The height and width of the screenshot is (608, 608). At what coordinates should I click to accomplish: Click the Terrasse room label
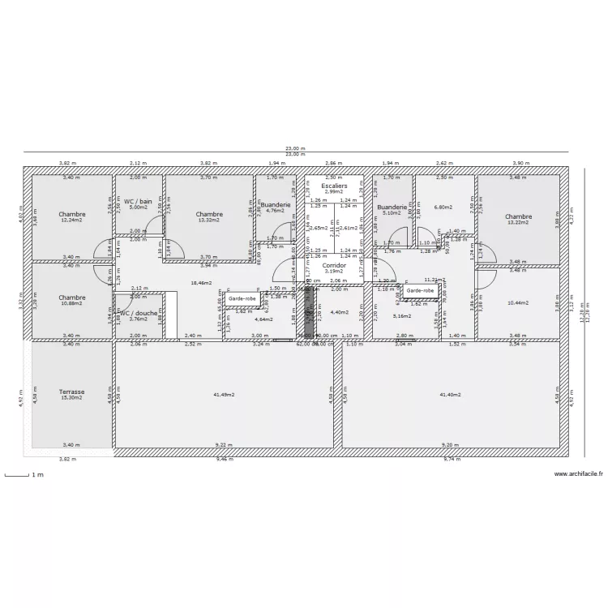[x=71, y=392]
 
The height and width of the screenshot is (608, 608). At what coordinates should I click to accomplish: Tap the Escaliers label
[x=334, y=186]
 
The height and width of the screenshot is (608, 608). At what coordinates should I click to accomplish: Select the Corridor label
[x=334, y=265]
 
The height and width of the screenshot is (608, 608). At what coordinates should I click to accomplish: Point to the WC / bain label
[x=138, y=200]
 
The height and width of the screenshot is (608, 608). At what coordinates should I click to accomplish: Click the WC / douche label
[x=139, y=312]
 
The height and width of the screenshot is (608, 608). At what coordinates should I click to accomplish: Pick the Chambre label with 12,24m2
[x=71, y=215]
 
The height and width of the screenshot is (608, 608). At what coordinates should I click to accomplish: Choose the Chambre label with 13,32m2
[x=209, y=215]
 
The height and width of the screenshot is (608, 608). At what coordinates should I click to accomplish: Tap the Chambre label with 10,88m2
[x=71, y=298]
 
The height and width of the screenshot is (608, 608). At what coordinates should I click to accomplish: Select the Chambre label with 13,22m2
[x=518, y=216]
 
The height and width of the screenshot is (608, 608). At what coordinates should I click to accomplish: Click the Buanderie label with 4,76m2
[x=276, y=205]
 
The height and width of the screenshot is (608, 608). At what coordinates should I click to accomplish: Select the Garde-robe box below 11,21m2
[x=420, y=289]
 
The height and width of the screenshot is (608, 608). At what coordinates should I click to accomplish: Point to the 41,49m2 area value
[x=225, y=395]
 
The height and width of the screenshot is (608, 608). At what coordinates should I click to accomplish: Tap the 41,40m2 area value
[x=451, y=395]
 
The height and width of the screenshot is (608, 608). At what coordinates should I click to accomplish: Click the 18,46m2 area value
[x=201, y=283]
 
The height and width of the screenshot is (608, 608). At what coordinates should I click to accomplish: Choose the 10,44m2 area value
[x=517, y=302]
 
